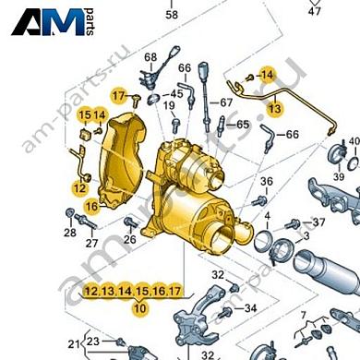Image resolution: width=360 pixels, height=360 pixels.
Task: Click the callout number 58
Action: pos(171,15)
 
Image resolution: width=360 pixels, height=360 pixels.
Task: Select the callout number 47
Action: pos(315,12)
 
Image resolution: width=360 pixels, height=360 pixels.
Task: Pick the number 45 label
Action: pos(177,94)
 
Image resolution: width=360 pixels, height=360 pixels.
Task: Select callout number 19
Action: pos(170,107)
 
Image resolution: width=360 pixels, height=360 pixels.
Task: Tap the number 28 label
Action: pos(70,234)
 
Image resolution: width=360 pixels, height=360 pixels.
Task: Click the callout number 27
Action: pos(91,244)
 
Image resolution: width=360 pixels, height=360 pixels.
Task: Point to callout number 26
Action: pos(130,240)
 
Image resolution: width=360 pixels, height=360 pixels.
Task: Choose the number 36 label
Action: pos(266,181)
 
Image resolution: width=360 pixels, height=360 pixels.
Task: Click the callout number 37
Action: pos(318,222)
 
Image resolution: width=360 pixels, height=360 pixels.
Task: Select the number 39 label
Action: pos(338,176)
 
